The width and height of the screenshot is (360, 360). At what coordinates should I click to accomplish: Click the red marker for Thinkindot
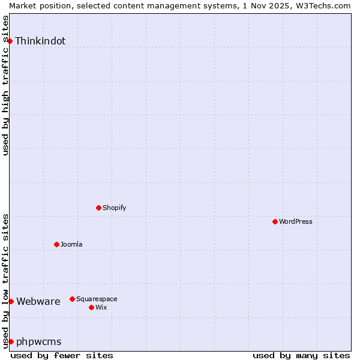point(10,41)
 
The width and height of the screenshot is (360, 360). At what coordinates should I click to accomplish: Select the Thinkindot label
point(40,41)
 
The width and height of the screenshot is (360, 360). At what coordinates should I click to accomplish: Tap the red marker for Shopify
point(98,208)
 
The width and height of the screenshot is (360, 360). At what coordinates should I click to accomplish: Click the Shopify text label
point(114,208)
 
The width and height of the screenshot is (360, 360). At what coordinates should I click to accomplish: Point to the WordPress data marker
point(275,221)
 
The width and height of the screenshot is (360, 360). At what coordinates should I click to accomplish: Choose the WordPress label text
point(295,221)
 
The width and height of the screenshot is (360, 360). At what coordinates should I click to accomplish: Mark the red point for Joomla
point(56,244)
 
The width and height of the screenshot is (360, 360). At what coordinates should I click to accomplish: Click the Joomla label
point(71,244)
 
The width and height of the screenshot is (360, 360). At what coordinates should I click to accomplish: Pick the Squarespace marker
point(72,299)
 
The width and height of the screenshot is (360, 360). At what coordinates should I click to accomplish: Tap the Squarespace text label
point(97,299)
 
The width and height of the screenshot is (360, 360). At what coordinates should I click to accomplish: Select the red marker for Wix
point(91,307)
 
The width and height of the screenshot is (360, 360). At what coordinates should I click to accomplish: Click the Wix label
point(101,307)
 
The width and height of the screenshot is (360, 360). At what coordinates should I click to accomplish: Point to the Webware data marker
point(11,301)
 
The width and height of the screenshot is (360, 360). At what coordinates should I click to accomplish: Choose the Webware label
point(38,301)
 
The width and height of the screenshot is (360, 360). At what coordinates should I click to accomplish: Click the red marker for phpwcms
point(11,341)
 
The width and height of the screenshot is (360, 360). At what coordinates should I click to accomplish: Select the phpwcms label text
point(39,341)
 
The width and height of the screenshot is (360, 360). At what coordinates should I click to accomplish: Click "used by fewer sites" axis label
point(62,355)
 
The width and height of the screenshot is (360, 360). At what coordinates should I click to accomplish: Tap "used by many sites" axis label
point(301,355)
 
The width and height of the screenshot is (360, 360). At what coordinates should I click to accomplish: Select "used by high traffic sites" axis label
point(6,85)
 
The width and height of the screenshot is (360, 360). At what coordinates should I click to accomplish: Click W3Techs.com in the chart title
point(322,5)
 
